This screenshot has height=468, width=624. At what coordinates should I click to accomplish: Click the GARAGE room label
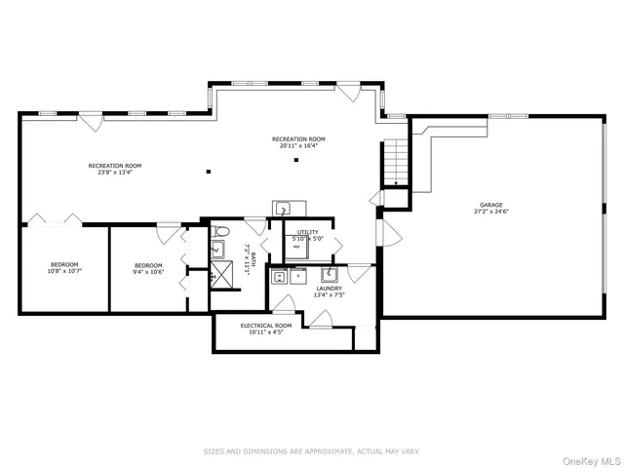(x=491, y=204)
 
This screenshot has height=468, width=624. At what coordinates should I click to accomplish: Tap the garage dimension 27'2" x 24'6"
(x=491, y=212)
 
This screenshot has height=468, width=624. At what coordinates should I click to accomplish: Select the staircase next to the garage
(x=394, y=162)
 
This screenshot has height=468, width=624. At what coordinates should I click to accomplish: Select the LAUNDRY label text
(x=329, y=289)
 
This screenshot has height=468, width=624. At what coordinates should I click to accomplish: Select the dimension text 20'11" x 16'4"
(x=298, y=147)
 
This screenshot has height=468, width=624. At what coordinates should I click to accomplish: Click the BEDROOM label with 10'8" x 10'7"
(x=64, y=264)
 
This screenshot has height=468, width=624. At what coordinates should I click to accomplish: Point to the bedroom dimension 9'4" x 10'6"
(x=148, y=273)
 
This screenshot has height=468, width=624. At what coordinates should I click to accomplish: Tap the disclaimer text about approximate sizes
(x=311, y=451)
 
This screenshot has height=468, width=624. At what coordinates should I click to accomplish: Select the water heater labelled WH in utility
(x=296, y=246)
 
